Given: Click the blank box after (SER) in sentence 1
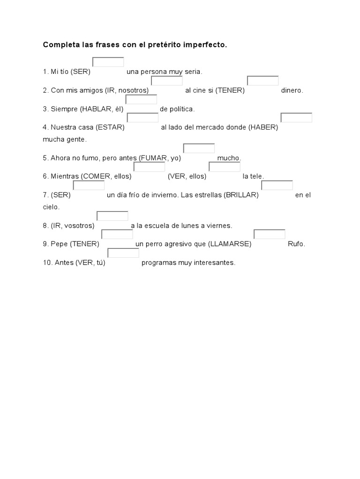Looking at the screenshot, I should (x=108, y=62).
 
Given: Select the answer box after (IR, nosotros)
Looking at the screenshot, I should (x=167, y=81).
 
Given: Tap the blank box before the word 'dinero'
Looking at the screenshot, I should (x=263, y=81).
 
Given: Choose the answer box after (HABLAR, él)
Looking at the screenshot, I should (x=141, y=99).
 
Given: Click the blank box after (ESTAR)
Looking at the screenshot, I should (x=142, y=117).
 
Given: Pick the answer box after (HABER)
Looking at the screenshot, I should (x=296, y=117).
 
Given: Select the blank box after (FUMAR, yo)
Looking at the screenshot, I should (x=199, y=148).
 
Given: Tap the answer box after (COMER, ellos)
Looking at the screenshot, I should (x=150, y=167).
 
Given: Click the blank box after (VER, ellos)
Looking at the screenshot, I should (x=225, y=167).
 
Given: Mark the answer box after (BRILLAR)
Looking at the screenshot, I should (x=277, y=185).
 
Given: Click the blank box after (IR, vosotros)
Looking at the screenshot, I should (x=112, y=216).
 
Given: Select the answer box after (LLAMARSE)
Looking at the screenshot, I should (x=270, y=234).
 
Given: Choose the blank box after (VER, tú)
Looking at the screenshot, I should (x=123, y=253).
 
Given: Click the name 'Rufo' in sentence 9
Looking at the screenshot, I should (x=296, y=244).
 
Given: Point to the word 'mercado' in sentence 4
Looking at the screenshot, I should (x=212, y=127).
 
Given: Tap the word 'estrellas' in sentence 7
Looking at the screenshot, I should (x=208, y=195).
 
